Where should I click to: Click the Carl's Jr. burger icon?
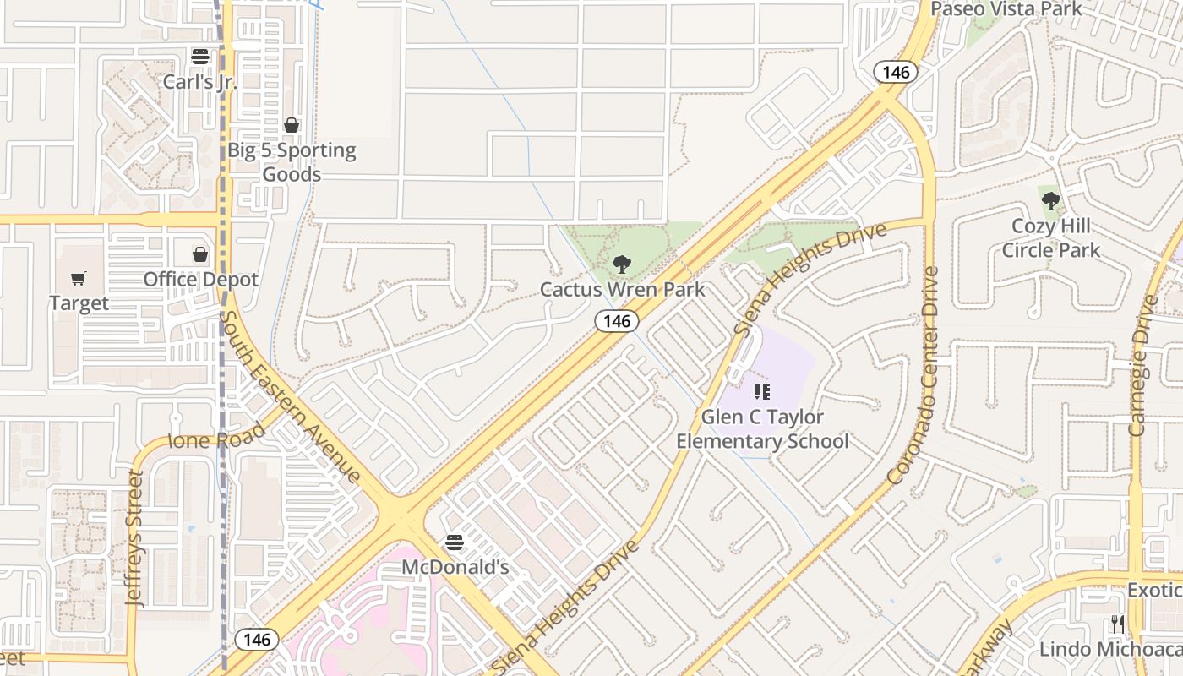click(x=200, y=57)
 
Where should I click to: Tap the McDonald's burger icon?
click(x=455, y=542)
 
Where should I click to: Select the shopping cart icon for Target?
click(x=79, y=278)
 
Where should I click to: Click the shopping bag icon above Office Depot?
click(x=200, y=254)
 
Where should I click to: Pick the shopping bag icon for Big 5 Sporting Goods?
click(x=292, y=125)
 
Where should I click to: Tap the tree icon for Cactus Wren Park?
click(x=622, y=264)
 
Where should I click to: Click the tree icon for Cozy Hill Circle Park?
click(x=1051, y=201)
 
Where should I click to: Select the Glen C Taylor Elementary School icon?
click(x=762, y=392)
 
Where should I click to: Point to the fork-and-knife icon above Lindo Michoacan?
click(x=1118, y=624)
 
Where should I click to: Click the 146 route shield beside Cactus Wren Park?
click(x=617, y=321)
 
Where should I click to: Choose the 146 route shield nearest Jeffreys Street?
click(x=256, y=639)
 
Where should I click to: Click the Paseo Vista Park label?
click(x=1006, y=9)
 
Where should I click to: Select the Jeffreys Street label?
click(x=135, y=538)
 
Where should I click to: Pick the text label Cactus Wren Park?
click(x=622, y=289)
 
